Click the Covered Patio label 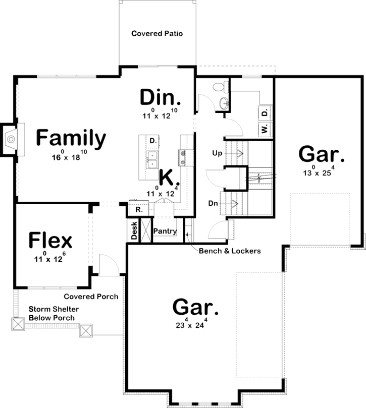pos(157,34)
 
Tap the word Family pos(71,138)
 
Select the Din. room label pos(160,97)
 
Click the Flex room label pos(50,241)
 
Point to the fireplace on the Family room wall pos(11,137)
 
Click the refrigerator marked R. pos(137,209)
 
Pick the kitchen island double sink pos(151,160)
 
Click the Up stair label pos(218,152)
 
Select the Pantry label pos(165,231)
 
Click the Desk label pos(134,231)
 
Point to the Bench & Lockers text pos(229,251)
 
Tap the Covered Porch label pos(91,297)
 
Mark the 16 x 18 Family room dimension pos(70,157)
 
